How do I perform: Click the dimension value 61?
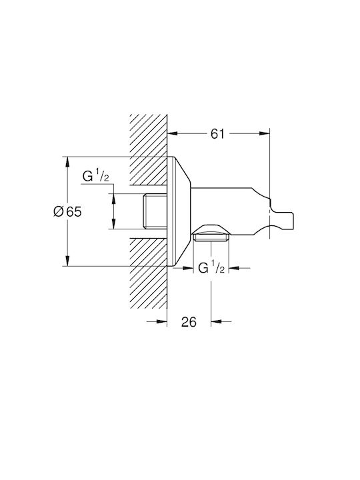click(x=217, y=133)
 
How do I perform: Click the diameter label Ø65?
click(x=67, y=211)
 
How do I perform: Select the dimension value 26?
click(x=189, y=322)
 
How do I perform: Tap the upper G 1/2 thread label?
click(x=96, y=177)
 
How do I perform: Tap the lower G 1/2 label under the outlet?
click(x=212, y=268)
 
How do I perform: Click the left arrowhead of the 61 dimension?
click(x=173, y=133)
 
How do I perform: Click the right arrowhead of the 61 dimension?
click(x=265, y=133)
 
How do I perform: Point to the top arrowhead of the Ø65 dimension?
click(x=67, y=162)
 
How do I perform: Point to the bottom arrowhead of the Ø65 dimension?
click(x=67, y=261)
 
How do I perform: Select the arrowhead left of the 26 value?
click(x=161, y=321)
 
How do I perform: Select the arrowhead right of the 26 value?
click(x=216, y=321)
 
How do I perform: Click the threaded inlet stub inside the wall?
click(x=155, y=211)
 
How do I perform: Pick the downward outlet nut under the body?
click(x=211, y=233)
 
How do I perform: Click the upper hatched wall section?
click(x=149, y=149)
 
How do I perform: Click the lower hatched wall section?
click(x=149, y=273)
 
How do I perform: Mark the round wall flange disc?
click(x=179, y=211)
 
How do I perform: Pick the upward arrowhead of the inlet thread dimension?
click(x=113, y=199)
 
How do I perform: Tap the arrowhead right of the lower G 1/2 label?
click(x=235, y=268)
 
